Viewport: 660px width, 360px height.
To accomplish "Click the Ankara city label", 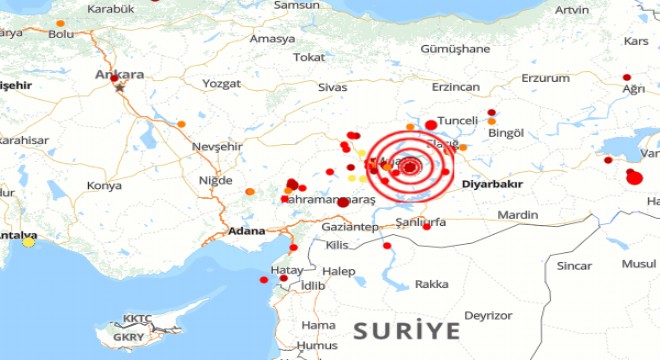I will click(119, 74).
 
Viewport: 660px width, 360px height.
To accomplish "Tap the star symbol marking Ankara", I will click(121, 87).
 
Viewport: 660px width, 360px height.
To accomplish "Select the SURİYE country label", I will click(407, 329).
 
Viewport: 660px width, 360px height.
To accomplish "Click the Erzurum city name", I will click(545, 77).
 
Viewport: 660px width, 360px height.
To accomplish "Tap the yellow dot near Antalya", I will click(29, 241).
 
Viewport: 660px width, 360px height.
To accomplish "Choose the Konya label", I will click(104, 185).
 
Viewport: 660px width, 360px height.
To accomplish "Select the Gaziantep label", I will click(347, 227).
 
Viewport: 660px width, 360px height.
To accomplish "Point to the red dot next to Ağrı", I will click(626, 77).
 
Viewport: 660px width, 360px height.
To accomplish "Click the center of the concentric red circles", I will click(410, 167).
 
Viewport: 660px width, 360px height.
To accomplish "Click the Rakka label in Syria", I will click(431, 284).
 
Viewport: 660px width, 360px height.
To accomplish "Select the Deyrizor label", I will click(488, 315).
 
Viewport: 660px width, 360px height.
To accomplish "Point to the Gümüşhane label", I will click(456, 48).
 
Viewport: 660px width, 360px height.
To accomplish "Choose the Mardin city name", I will click(518, 214).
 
